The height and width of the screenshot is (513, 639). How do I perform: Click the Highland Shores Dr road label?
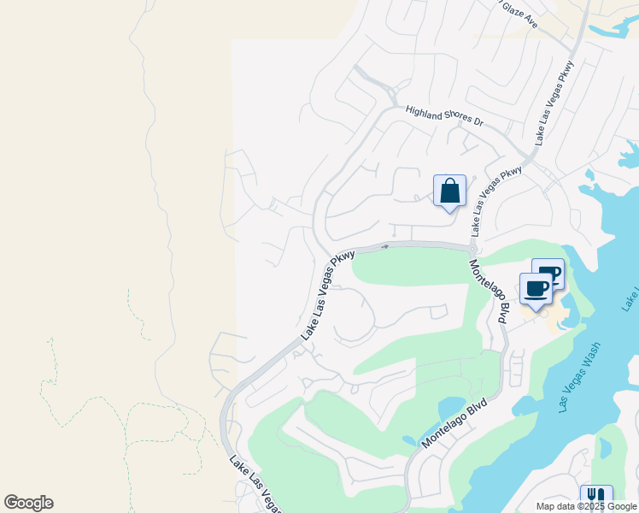444,117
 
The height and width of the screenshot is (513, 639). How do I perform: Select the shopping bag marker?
449,192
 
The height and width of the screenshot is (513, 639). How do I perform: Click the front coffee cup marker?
536,291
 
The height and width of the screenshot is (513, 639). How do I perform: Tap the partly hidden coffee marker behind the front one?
551,272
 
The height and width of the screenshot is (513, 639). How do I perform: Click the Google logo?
28,503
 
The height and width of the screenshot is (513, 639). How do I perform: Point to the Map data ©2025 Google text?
586,506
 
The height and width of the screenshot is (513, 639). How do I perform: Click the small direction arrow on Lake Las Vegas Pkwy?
384,246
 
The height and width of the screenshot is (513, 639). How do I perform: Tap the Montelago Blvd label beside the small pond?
455,423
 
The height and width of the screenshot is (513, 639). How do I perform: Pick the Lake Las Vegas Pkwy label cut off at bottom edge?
255,486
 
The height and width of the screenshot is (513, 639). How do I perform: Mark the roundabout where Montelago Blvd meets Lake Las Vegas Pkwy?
472,249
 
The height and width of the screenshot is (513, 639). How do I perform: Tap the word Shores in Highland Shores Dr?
450,118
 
